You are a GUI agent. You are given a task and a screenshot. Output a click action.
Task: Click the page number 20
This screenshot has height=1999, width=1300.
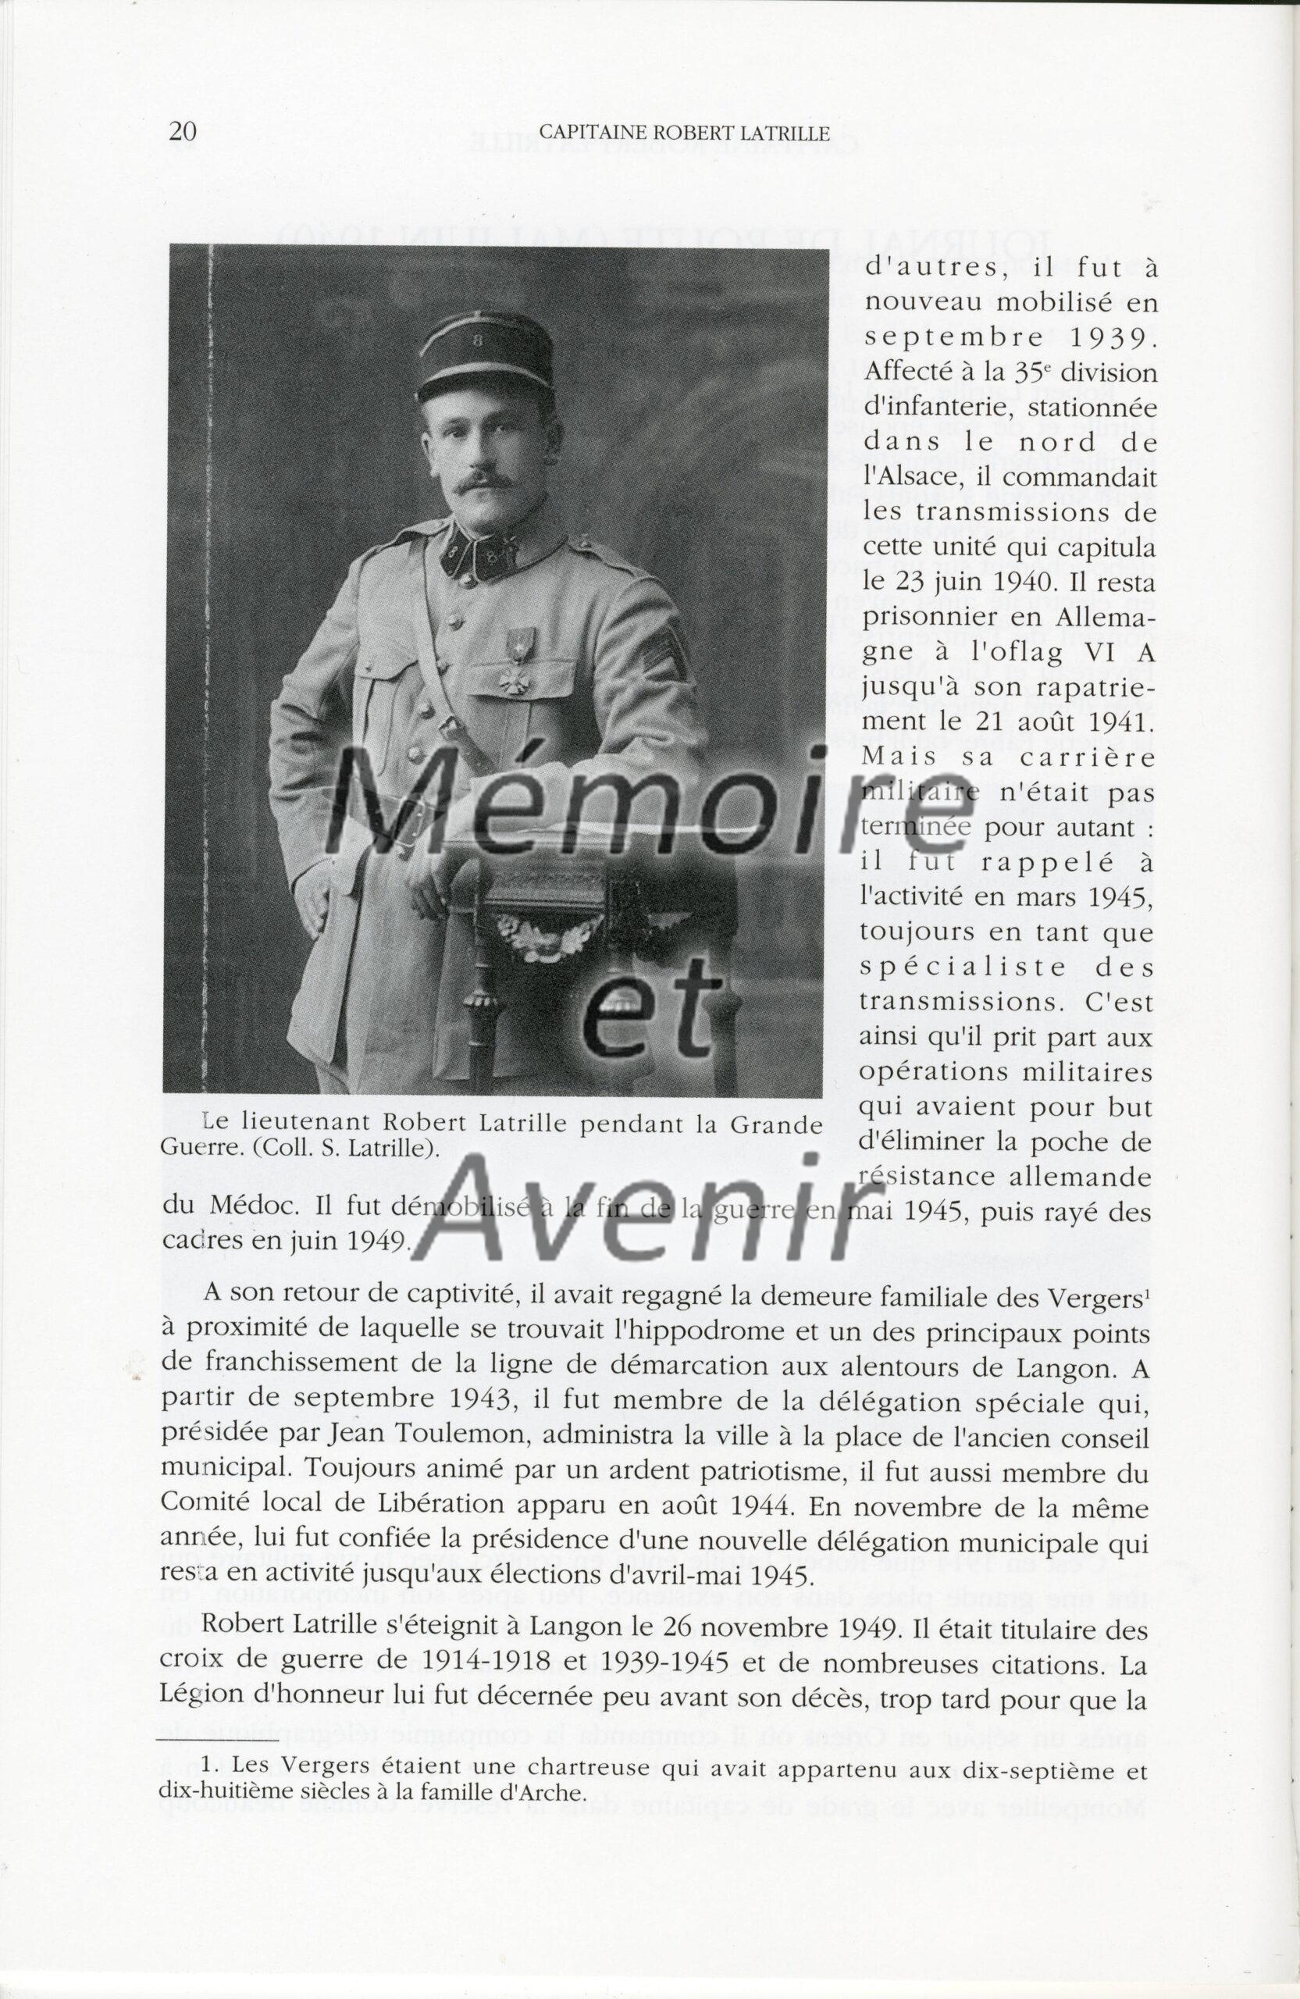point(182,132)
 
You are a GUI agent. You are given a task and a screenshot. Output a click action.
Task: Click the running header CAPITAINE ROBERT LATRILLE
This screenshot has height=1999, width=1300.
point(684,133)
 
